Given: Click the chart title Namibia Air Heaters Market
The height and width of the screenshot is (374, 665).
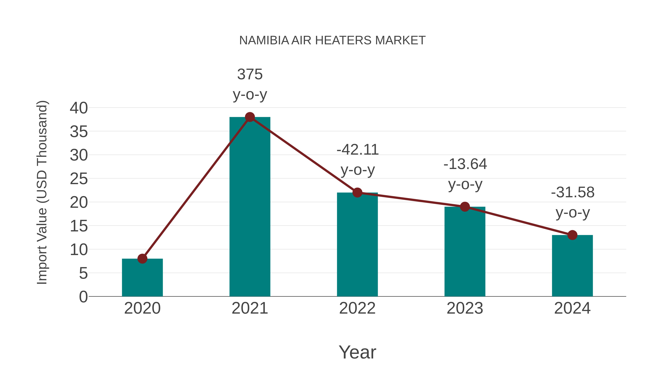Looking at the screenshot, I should tap(332, 40).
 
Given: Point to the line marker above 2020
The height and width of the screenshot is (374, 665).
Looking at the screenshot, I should tap(142, 258).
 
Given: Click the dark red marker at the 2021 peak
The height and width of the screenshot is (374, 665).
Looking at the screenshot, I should tap(250, 117).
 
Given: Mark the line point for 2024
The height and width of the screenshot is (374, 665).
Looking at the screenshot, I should tap(572, 235).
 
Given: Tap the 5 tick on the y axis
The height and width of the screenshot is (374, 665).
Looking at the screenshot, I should tap(83, 273).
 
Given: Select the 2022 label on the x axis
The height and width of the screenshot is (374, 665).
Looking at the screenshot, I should tap(357, 308).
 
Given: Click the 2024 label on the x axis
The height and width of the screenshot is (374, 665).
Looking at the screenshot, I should tap(572, 308).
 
